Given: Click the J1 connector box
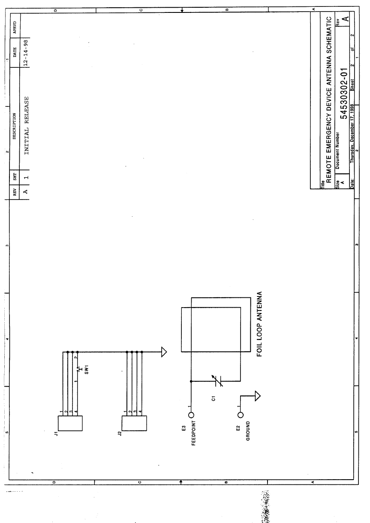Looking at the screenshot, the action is coord(69,423).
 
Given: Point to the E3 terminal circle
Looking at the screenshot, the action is coord(191,415).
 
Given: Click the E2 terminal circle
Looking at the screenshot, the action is coord(241,415).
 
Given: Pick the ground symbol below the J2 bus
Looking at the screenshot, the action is coord(163,352).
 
